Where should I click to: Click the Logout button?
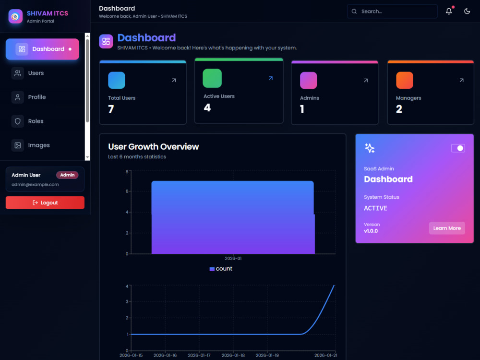point(45,203)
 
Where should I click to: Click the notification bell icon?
point(449,12)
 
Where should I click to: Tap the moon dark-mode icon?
point(467,12)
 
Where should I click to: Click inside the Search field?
point(392,12)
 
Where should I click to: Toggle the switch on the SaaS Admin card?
point(458,148)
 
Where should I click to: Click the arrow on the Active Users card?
point(271,78)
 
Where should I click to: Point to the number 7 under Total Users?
point(111,109)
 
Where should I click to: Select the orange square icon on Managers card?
point(405,80)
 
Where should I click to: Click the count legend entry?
point(221,269)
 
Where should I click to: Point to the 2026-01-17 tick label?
point(199,355)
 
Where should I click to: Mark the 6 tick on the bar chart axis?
point(127,192)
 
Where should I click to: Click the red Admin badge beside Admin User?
point(67,175)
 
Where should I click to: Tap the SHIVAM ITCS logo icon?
point(15,16)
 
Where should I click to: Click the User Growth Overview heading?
point(154,146)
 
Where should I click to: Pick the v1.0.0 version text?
point(371,231)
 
